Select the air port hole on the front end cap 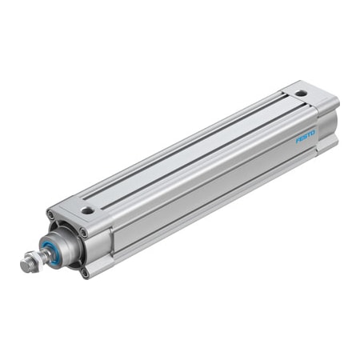click(x=87, y=210)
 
